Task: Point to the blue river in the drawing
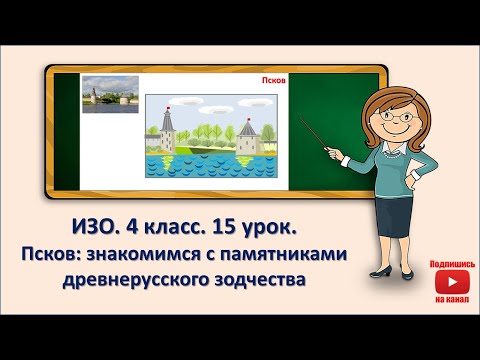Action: (x=210, y=171)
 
